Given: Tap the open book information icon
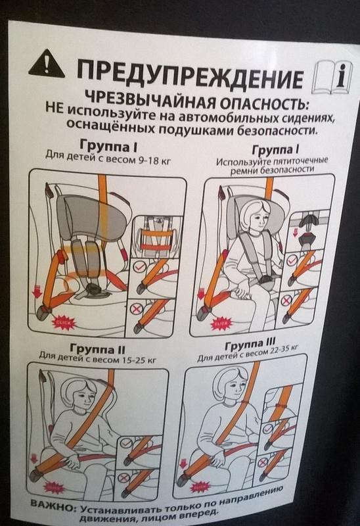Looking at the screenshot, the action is (x=332, y=78).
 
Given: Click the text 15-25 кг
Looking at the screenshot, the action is (x=140, y=360).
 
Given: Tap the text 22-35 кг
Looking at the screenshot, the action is (x=281, y=352).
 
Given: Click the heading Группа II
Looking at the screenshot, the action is (x=97, y=348).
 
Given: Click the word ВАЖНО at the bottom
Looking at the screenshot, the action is (x=51, y=506).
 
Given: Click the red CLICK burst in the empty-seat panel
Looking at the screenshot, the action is (x=64, y=323).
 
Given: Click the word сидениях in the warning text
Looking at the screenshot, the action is (x=307, y=118).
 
